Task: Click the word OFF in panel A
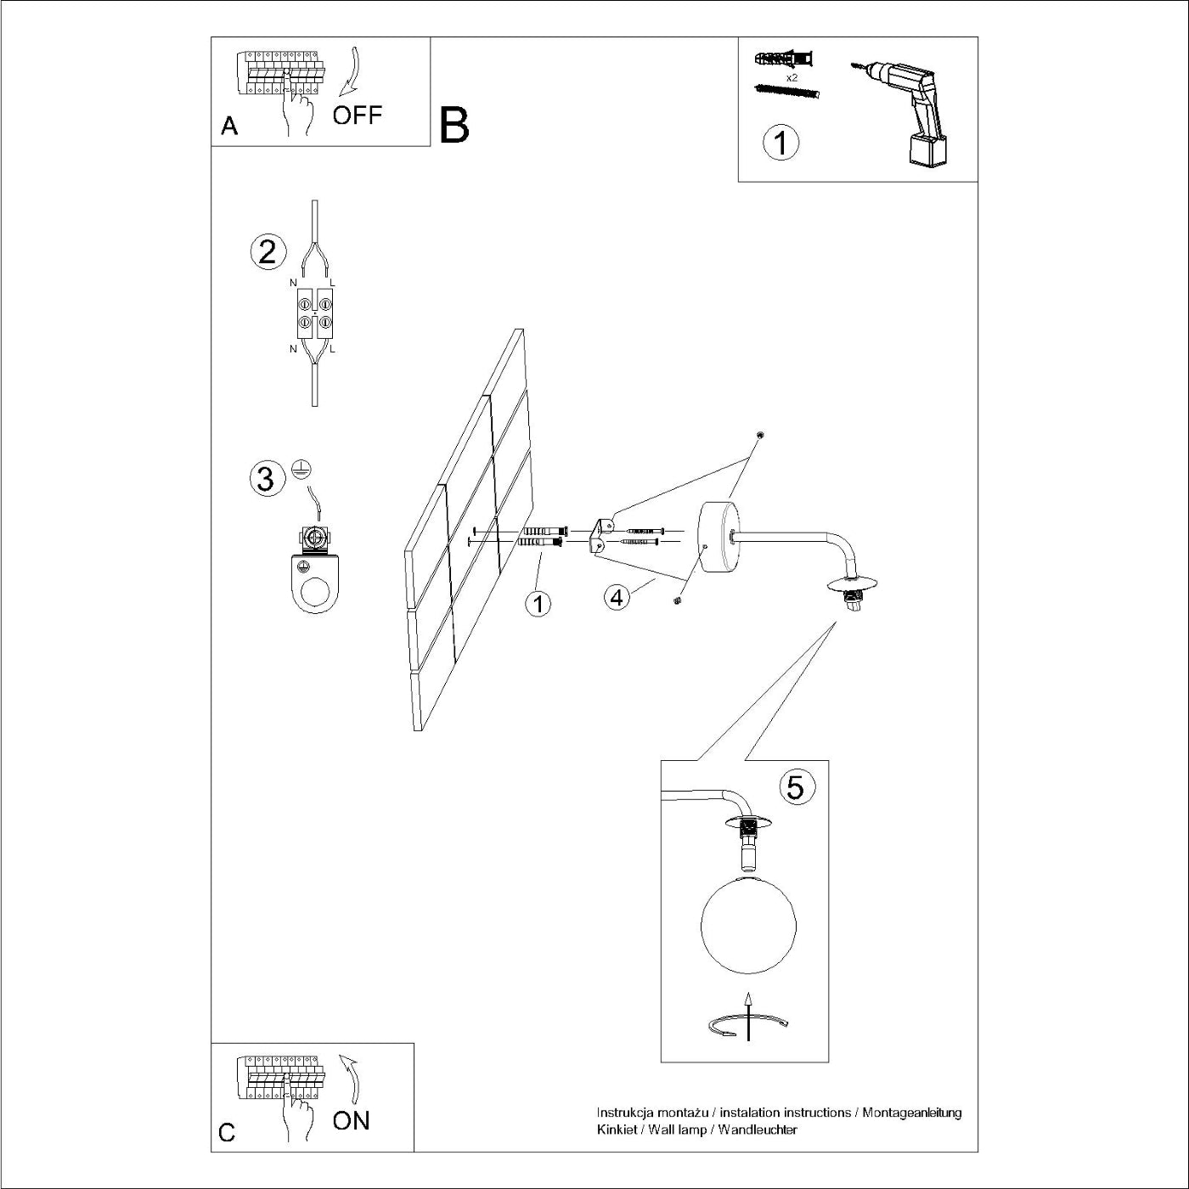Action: point(357,116)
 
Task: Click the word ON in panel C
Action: point(351,1120)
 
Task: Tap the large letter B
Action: point(454,126)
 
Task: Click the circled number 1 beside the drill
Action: point(780,142)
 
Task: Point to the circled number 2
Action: point(267,252)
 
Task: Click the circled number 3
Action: point(266,478)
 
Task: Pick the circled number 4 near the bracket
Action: point(617,597)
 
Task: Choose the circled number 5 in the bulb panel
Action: point(794,787)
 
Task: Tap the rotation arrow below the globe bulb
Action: point(747,1023)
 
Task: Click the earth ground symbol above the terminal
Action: point(299,467)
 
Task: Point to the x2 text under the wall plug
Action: point(792,77)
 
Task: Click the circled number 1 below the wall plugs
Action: point(538,604)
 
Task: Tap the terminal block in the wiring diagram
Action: point(314,313)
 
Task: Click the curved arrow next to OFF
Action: point(351,73)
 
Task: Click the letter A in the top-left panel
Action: point(228,127)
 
